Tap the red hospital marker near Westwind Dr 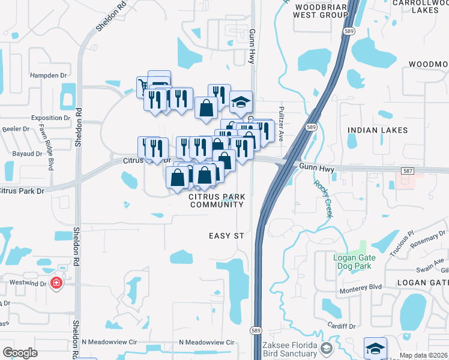pyautogui.click(x=56, y=282)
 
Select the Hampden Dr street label pyautogui.click(x=48, y=76)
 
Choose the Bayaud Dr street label pyautogui.click(x=27, y=154)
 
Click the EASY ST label pyautogui.click(x=226, y=236)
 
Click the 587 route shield pyautogui.click(x=408, y=171)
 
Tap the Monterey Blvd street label pyautogui.click(x=358, y=287)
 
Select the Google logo pyautogui.click(x=20, y=353)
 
